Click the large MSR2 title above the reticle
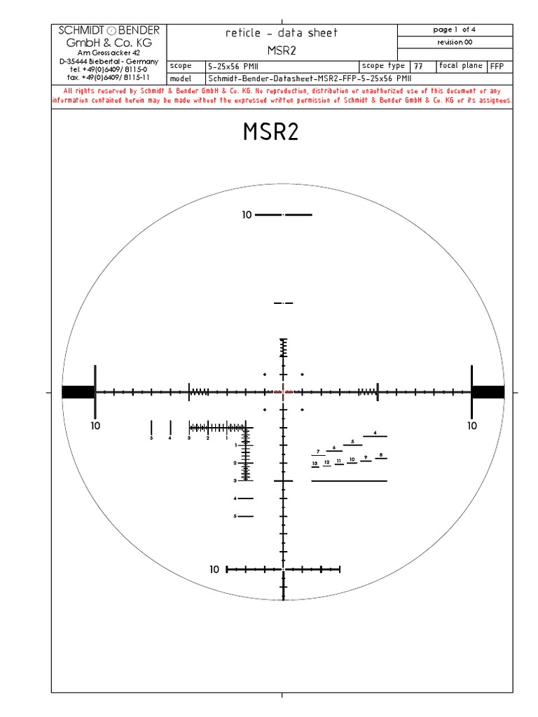coord(271,132)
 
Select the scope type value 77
coord(418,66)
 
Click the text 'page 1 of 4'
coord(455,29)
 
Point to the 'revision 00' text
coord(455,42)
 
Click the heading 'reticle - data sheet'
coord(282,33)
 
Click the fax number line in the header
coord(109,77)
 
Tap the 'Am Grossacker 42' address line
coord(109,53)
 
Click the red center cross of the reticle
coord(284,392)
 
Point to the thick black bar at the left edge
coord(78,392)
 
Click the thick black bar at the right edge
coord(488,392)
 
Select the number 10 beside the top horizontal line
coord(247,215)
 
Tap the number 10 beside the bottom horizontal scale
coord(215,569)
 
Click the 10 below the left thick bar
coord(95,425)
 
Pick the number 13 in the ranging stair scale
coord(315,464)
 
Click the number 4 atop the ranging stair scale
coord(375,433)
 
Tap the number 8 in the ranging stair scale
coord(380,456)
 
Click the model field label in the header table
coord(181,78)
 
